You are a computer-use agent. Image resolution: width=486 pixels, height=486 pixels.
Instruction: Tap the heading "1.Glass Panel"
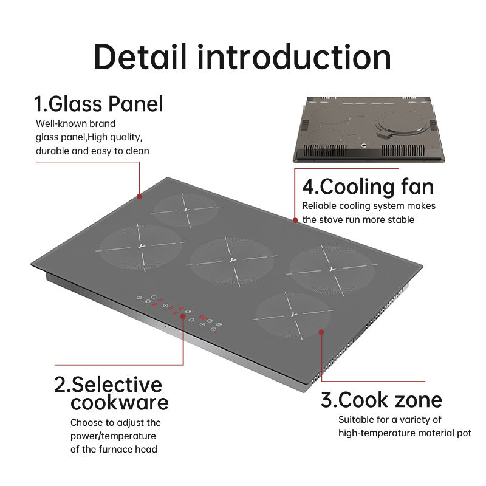[x=98, y=104]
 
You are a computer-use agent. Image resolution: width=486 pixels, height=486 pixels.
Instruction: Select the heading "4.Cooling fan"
[x=368, y=186]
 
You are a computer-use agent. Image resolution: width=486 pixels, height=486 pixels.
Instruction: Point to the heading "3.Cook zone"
[x=382, y=400]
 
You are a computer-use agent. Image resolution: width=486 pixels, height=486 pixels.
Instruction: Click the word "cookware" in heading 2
[x=119, y=402]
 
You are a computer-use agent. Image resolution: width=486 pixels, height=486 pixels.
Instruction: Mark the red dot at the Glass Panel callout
[x=140, y=196]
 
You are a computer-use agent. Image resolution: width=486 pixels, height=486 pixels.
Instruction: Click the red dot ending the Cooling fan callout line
[x=296, y=221]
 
